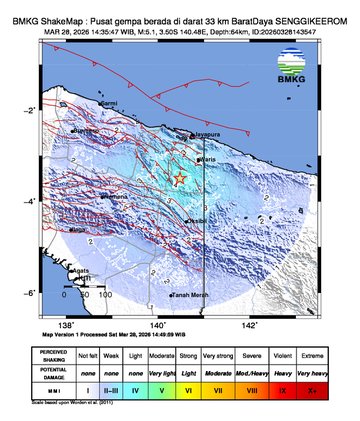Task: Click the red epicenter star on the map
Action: [180, 178]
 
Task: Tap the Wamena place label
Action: [115, 197]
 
